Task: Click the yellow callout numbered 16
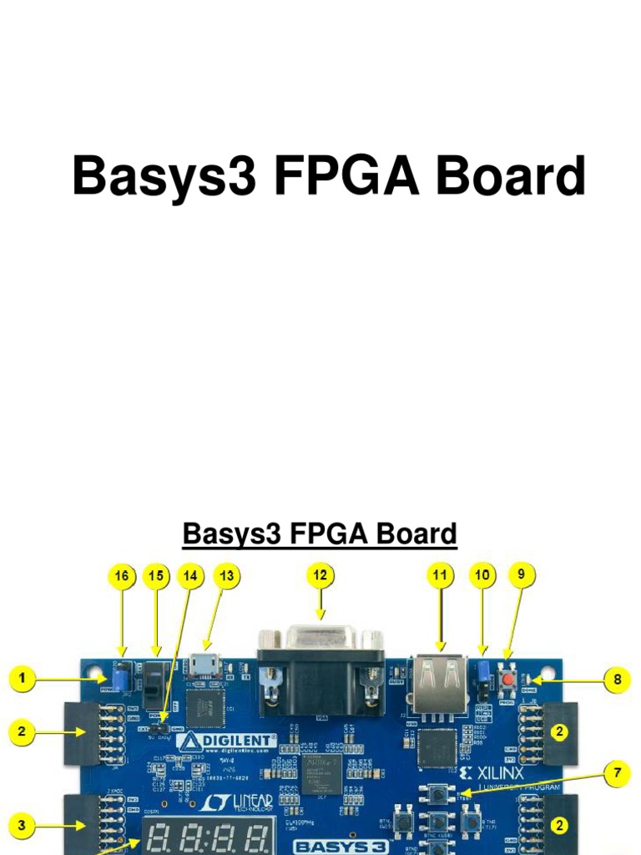pos(122,575)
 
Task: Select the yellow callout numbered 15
pos(155,575)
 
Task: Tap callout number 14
pos(192,575)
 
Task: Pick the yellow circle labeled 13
pos(226,575)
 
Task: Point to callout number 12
pos(320,575)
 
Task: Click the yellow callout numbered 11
pos(440,575)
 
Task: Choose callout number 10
pos(482,575)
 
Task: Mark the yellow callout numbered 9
pos(522,574)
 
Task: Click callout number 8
pos(617,680)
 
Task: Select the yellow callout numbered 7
pos(617,773)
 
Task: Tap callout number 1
pos(23,680)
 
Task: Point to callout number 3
pos(23,826)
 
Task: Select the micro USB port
pos(203,665)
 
